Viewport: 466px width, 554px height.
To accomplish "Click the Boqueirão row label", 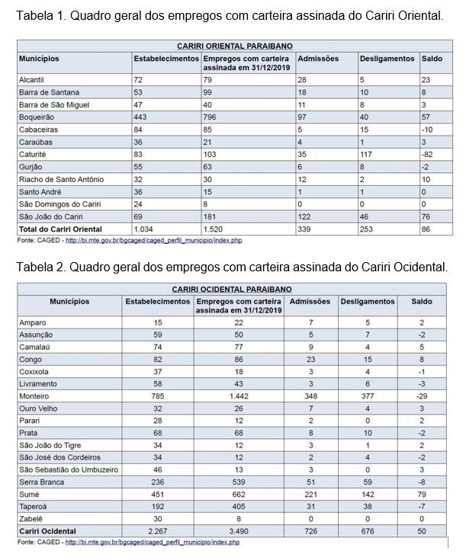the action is (x=37, y=117).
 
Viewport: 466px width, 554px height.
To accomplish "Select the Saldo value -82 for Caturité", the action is (x=427, y=155).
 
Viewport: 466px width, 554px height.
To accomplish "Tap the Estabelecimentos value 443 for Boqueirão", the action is (x=140, y=117).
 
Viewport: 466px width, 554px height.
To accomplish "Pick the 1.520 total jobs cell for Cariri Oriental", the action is (x=213, y=229).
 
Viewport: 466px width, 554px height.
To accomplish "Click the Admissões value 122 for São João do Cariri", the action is (x=304, y=216).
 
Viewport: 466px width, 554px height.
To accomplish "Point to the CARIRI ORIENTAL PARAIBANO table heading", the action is (x=235, y=46).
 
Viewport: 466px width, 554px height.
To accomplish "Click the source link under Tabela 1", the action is (x=154, y=240).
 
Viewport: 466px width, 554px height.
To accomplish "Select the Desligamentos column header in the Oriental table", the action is (x=387, y=59).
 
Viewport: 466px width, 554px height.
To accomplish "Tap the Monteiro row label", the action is (x=34, y=396).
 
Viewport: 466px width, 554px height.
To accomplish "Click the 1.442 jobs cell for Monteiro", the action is (x=239, y=396).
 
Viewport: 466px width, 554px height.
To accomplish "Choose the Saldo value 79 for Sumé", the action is (x=422, y=495).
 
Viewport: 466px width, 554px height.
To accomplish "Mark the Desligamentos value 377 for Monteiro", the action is (x=368, y=396).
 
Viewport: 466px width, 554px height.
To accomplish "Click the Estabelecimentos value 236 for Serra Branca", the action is (x=158, y=482).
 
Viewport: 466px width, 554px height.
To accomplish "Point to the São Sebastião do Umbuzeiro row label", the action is (x=69, y=470).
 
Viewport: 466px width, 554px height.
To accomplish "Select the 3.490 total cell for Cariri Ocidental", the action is (x=239, y=531).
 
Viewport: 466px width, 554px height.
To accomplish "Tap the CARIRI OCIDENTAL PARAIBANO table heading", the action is (x=232, y=290).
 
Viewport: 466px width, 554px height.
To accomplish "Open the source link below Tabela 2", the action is (x=153, y=542).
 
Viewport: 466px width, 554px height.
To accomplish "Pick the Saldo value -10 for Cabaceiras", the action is (x=427, y=130).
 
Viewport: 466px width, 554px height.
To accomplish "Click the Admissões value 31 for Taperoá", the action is (x=310, y=507).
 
